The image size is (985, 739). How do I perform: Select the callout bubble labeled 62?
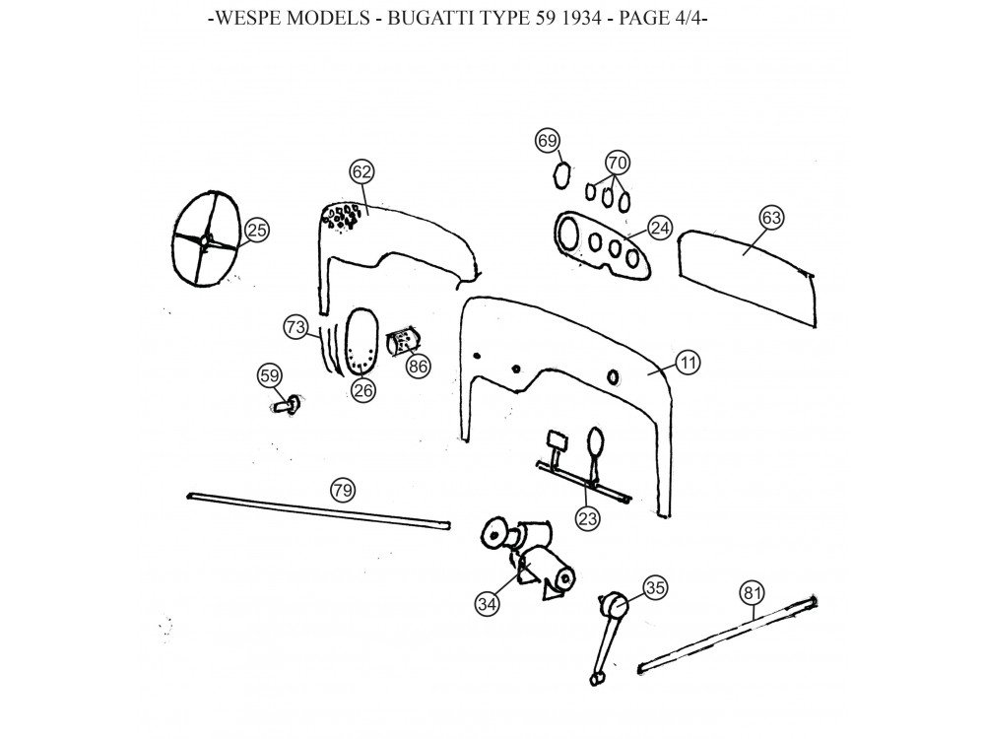361,172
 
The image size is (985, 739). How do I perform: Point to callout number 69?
548,141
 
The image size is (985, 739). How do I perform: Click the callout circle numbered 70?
617,163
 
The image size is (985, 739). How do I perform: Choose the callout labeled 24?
659,228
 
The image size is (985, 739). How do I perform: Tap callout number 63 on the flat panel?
771,218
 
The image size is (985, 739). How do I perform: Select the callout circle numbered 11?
688,364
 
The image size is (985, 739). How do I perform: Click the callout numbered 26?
362,389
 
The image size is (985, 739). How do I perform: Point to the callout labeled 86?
419,366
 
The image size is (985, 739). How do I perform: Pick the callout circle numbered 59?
269,375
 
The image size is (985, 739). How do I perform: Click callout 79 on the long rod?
342,490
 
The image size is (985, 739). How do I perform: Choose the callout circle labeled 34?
487,604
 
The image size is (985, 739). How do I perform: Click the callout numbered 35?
654,588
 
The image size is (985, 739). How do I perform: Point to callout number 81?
753,593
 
